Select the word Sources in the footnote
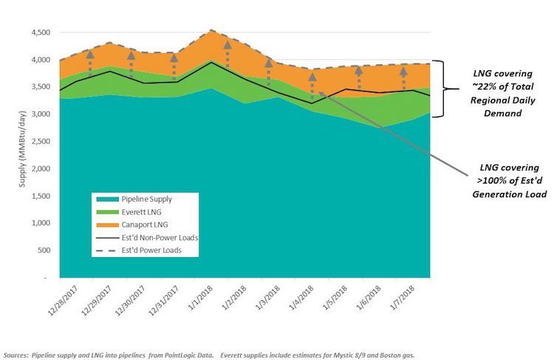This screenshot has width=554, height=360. point(18,353)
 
